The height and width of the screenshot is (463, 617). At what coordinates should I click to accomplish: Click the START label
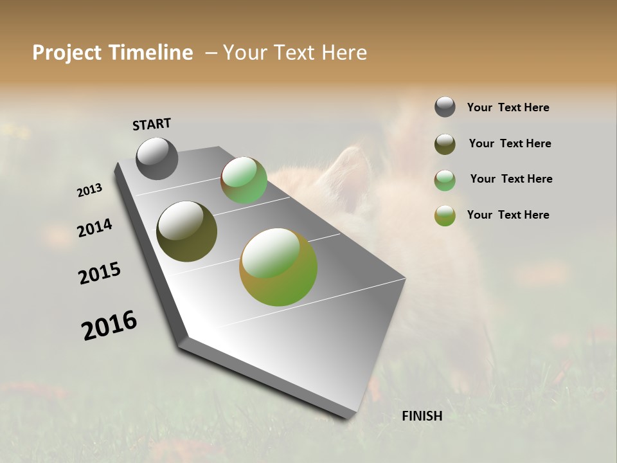152,124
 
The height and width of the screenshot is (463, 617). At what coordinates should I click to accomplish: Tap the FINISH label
422,416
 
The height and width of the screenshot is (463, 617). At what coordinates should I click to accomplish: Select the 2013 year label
89,190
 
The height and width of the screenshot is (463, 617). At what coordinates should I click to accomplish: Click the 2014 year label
94,228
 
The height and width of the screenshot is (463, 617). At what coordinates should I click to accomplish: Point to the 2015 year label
100,273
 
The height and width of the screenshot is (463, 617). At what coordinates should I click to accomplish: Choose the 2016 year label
109,325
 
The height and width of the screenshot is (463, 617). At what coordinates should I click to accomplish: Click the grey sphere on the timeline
157,158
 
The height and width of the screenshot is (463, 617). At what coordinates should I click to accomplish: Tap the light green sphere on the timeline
244,180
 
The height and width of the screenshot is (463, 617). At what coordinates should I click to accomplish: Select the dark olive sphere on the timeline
186,232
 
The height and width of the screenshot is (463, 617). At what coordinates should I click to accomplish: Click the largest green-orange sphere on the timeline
278,267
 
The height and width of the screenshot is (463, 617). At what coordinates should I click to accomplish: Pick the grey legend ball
445,107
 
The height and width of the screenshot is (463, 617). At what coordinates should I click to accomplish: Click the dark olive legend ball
445,144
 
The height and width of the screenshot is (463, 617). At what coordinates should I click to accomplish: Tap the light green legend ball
445,180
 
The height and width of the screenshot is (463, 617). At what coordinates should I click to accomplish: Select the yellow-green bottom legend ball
445,215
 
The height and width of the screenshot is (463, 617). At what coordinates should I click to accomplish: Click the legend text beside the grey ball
508,108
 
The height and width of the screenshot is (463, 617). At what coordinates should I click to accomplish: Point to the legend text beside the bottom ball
508,215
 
